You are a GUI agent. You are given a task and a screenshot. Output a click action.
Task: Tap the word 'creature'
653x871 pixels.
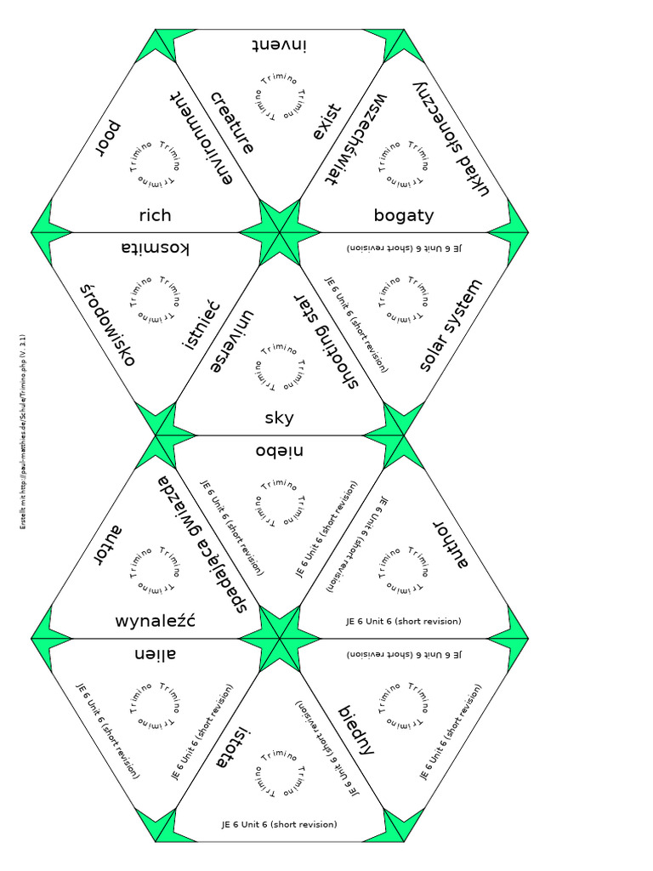click(x=232, y=122)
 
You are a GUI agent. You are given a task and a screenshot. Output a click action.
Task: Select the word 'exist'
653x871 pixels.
click(x=326, y=122)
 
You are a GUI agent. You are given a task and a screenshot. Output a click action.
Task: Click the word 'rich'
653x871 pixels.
click(x=155, y=216)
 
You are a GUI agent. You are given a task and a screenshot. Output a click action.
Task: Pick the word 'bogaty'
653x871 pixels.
click(x=404, y=216)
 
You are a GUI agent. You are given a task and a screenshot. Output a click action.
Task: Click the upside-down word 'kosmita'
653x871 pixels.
click(x=155, y=248)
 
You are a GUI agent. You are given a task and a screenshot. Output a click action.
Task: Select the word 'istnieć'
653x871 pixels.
click(x=202, y=325)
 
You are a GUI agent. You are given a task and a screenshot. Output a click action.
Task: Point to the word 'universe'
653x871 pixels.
click(x=232, y=343)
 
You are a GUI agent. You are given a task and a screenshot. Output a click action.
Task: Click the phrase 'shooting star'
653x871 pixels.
click(x=327, y=340)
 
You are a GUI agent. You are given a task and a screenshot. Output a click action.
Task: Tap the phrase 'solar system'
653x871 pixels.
click(x=451, y=325)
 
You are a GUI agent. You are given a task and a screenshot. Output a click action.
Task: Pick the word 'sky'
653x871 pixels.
click(x=279, y=418)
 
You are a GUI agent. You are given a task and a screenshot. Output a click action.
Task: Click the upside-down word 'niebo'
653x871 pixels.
click(x=279, y=450)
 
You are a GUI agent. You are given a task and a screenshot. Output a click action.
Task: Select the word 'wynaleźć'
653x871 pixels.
click(x=155, y=620)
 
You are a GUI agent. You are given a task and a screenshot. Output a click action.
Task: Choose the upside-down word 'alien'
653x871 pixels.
click(x=155, y=653)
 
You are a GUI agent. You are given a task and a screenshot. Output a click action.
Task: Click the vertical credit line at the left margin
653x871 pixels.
click(x=23, y=433)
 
